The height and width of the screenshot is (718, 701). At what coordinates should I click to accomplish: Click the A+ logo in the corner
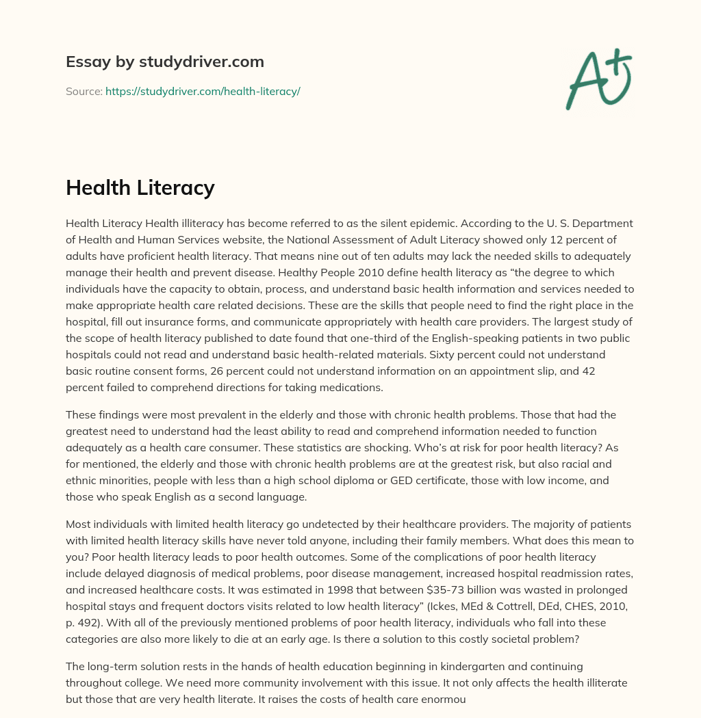coord(598,79)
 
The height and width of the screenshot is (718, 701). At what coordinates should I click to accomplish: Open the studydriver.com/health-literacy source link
coord(203,91)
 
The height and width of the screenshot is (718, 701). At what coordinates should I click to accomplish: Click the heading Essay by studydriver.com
coord(165,62)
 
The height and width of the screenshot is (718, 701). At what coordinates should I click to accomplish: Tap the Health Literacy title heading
coord(140,188)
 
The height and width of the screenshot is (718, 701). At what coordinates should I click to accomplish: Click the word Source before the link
coord(84,91)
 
